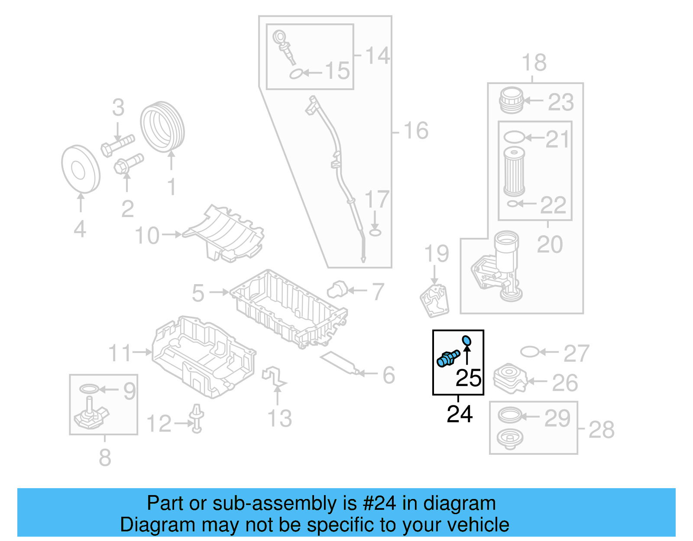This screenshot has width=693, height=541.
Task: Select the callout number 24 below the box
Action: click(x=459, y=414)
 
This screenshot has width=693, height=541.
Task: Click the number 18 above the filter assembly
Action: click(x=534, y=63)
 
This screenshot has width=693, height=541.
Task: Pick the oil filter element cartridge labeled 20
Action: click(x=514, y=172)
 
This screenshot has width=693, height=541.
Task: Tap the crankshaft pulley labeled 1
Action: click(x=162, y=126)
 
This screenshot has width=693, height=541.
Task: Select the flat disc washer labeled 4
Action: click(x=81, y=169)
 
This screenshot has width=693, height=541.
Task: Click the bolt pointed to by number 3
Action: click(x=118, y=145)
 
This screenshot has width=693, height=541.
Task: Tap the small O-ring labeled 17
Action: click(x=375, y=233)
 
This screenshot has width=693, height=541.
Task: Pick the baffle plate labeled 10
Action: click(x=225, y=234)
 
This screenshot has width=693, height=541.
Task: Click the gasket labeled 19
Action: click(x=434, y=300)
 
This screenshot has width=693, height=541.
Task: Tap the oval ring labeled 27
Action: click(x=529, y=352)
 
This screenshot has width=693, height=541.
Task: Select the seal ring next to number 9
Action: click(x=89, y=389)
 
